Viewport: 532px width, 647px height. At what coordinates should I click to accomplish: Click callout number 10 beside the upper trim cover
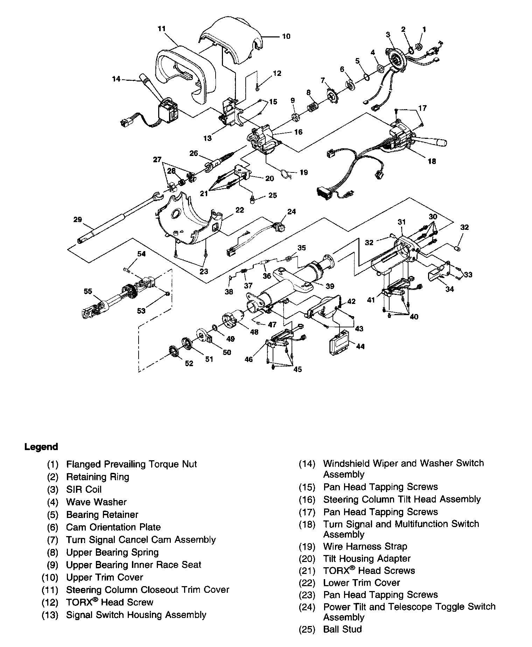click(x=286, y=36)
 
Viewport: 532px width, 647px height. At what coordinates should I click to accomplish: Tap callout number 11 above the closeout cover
click(x=161, y=29)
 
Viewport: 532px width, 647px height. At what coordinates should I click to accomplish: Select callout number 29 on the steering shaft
click(x=78, y=220)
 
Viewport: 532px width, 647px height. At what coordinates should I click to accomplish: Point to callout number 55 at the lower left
click(x=88, y=291)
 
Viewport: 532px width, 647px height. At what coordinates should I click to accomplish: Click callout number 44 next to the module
click(x=360, y=346)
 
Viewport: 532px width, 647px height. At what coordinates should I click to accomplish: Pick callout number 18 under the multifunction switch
click(x=432, y=161)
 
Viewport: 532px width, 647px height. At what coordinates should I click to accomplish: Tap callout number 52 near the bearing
click(x=189, y=363)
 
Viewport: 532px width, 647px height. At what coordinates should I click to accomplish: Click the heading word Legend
click(x=41, y=447)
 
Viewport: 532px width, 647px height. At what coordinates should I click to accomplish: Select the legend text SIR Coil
click(x=84, y=489)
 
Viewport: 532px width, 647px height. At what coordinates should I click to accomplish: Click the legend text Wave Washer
click(x=96, y=502)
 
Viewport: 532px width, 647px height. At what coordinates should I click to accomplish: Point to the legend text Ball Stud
click(x=343, y=629)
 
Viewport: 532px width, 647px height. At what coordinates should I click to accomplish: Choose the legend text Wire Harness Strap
click(x=365, y=546)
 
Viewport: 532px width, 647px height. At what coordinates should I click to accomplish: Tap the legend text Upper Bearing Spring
click(x=112, y=553)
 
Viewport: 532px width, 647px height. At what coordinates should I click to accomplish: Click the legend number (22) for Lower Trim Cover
click(x=307, y=583)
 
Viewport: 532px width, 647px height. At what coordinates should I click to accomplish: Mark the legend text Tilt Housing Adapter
click(x=367, y=559)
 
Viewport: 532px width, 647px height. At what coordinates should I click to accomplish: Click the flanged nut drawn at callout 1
click(x=419, y=46)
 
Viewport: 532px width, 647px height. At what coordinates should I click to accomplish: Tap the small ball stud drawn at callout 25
click(x=252, y=199)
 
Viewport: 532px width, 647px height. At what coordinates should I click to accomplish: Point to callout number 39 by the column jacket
click(x=330, y=286)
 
